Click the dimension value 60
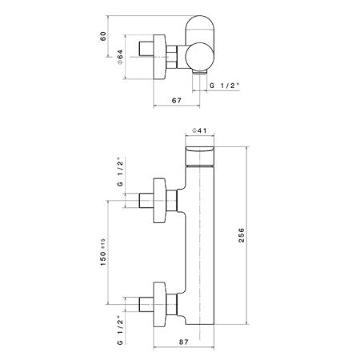pyautogui.click(x=103, y=36)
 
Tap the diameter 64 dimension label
pyautogui.click(x=120, y=57)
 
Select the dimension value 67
pyautogui.click(x=177, y=101)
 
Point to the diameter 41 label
pyautogui.click(x=200, y=130)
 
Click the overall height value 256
pyautogui.click(x=241, y=235)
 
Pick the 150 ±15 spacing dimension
pyautogui.click(x=103, y=252)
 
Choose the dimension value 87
pyautogui.click(x=183, y=342)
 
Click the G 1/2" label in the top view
pyautogui.click(x=224, y=86)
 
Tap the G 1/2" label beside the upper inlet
pyautogui.click(x=120, y=173)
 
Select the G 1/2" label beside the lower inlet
pyautogui.click(x=120, y=330)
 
